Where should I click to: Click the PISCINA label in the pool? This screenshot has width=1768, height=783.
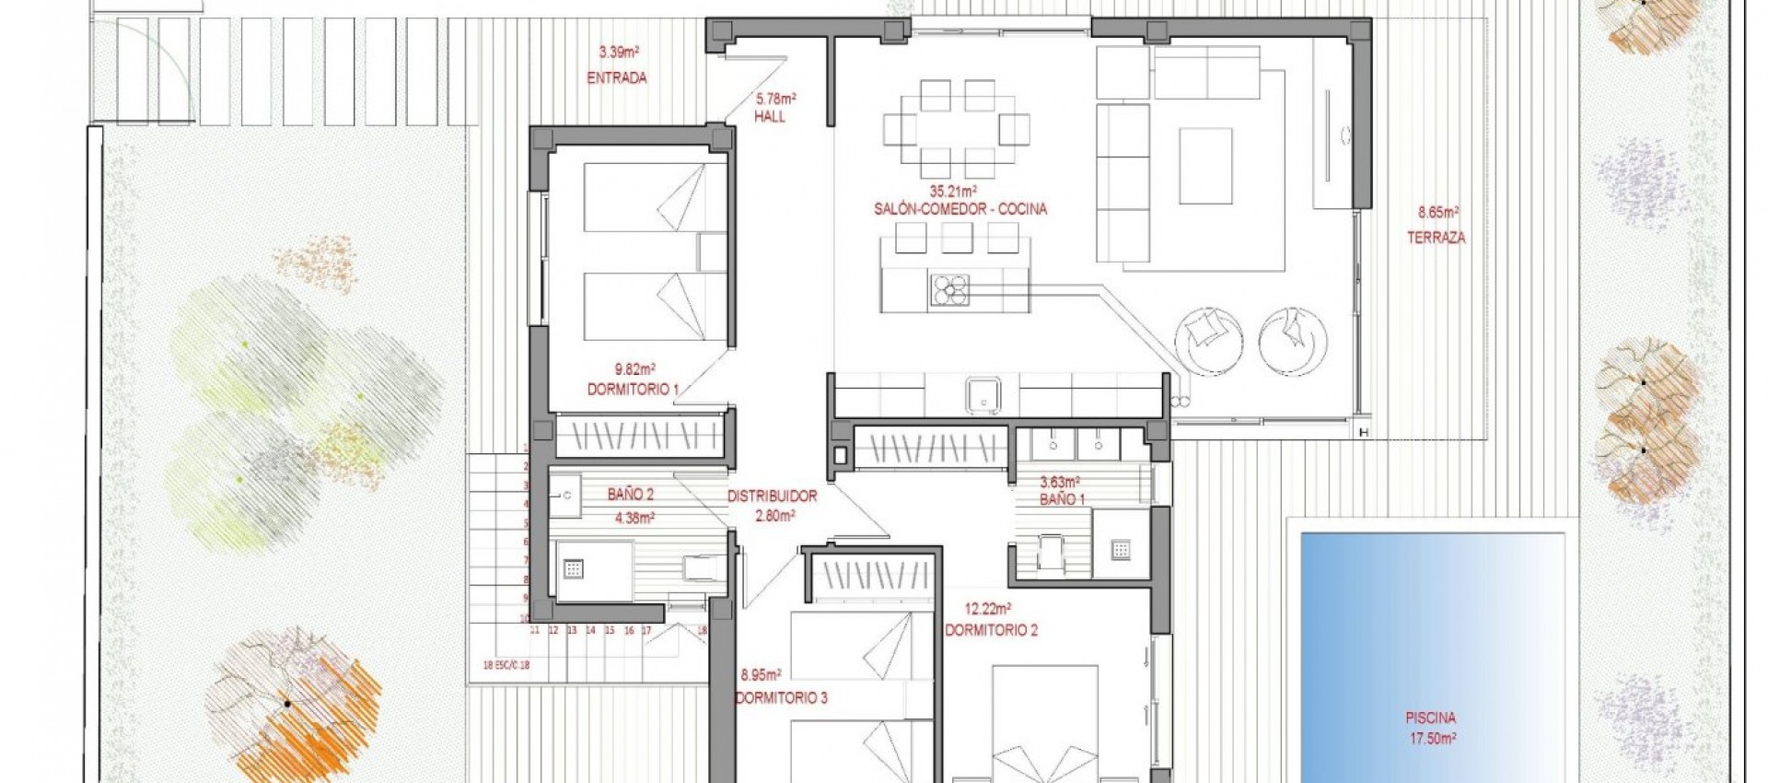point(1431,719)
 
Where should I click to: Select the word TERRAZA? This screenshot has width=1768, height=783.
point(1436,238)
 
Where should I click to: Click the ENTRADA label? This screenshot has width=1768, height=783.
point(616,78)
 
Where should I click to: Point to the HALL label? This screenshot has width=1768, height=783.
point(770,117)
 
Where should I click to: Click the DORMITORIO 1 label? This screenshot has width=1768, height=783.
point(633,390)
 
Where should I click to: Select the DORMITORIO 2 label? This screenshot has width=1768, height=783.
point(991,631)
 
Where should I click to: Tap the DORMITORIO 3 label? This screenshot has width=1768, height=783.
point(781,698)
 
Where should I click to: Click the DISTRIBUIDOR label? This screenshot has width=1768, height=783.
point(772,496)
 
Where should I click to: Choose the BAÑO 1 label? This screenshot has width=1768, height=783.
point(1062,499)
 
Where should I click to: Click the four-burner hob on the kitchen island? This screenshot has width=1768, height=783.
point(949,289)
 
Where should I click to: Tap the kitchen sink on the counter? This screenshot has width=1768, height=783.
point(983,397)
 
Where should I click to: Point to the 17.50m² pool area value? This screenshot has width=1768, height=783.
point(1431,738)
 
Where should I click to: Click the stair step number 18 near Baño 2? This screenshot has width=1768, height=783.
point(702,631)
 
